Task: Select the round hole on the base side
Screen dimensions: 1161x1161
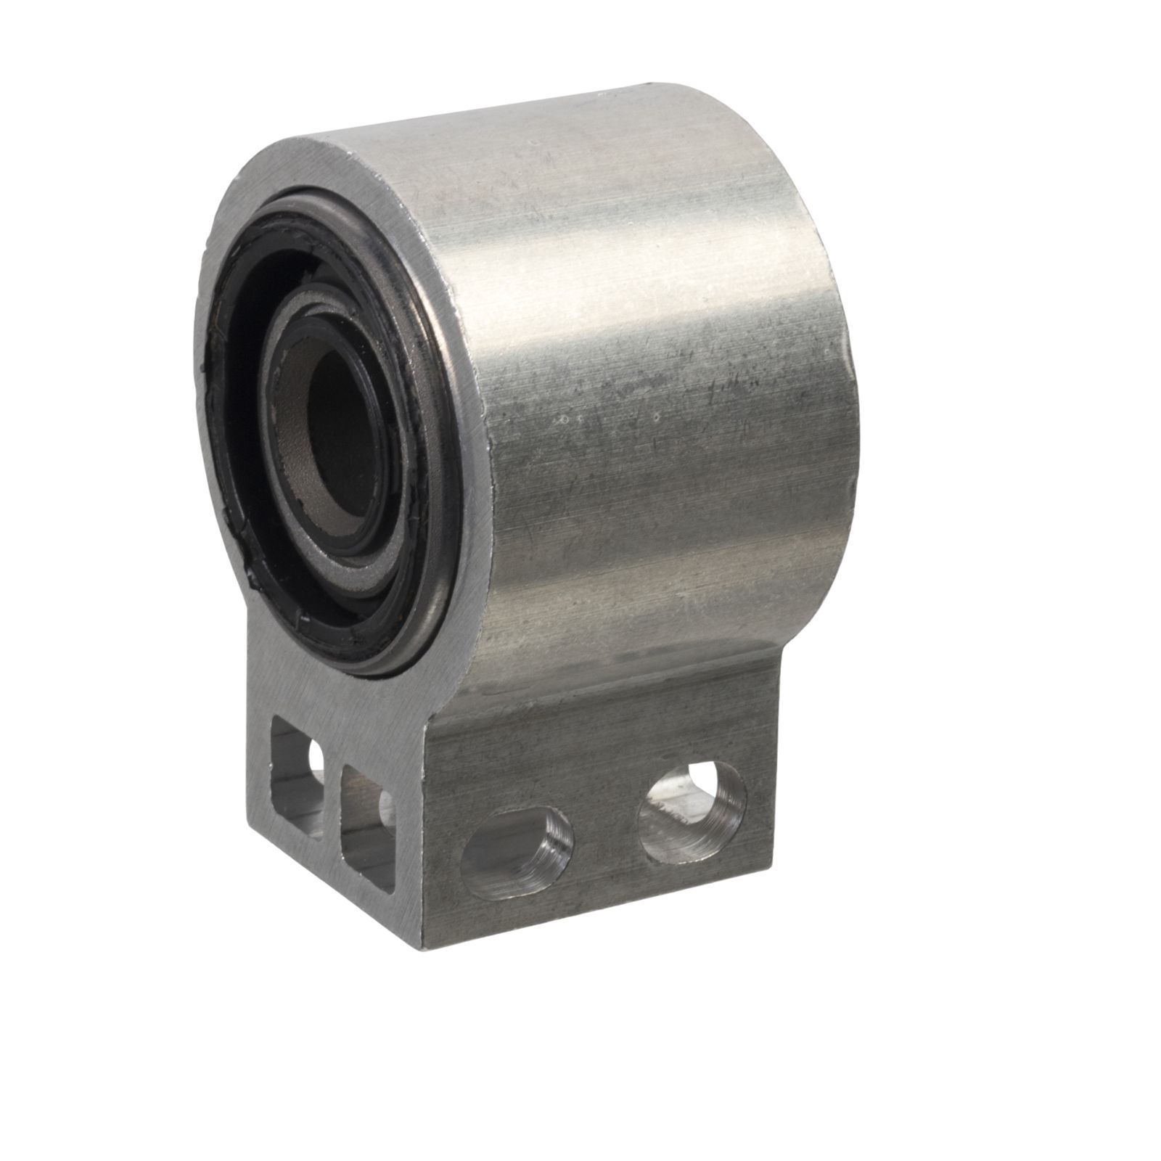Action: pyautogui.click(x=691, y=813)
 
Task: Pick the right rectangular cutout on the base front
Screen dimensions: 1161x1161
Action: pyautogui.click(x=366, y=827)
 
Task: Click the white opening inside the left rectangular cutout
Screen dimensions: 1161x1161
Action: pyautogui.click(x=316, y=758)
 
